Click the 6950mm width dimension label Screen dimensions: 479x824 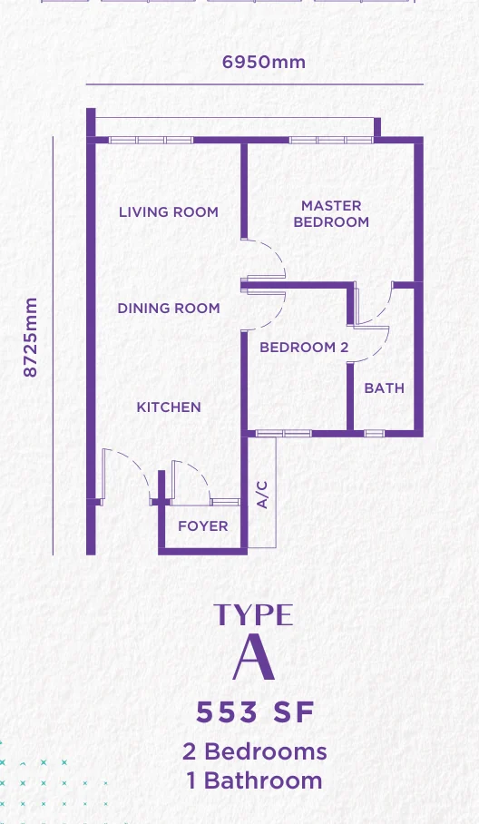coord(264,62)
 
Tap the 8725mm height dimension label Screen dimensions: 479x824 coord(31,338)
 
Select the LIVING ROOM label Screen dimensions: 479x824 coord(168,211)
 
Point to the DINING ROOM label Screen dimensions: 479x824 coord(169,308)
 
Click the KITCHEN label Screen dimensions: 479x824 coord(169,407)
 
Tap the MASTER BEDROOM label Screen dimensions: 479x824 coord(331,213)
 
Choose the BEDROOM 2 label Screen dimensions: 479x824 coord(304,348)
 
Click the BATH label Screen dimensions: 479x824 coord(385,388)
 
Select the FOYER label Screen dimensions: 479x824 coord(202,526)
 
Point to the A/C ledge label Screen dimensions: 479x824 coord(262,495)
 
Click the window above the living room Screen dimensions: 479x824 coord(151,141)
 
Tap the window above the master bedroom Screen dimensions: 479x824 coord(331,141)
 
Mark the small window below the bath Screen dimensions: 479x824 coord(374,434)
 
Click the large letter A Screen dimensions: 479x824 coord(254,656)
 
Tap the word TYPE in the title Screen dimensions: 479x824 coord(253,614)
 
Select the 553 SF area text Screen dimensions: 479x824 coord(255,712)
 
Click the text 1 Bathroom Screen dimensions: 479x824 coord(255,780)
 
